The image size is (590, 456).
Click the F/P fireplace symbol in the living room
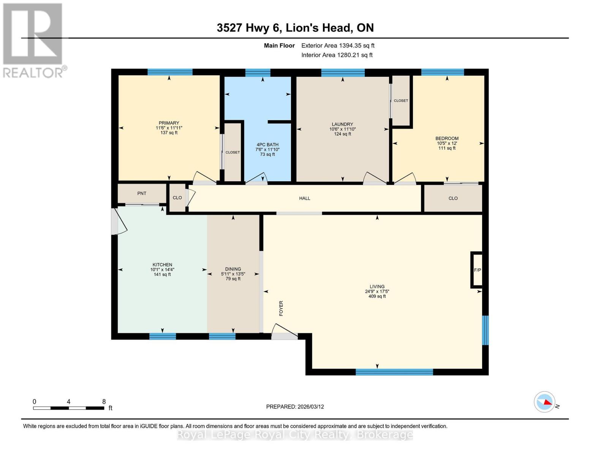(x=477, y=270)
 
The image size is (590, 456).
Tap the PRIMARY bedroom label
(x=169, y=123)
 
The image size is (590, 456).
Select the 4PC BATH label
(x=267, y=145)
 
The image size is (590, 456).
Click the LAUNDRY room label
(x=342, y=124)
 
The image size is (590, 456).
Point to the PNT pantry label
(x=142, y=193)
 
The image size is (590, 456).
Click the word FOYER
(x=281, y=308)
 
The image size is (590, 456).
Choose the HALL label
(x=304, y=198)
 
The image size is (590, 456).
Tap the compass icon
(x=544, y=402)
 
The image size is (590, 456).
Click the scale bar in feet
(x=68, y=408)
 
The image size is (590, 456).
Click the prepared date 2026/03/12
(x=295, y=407)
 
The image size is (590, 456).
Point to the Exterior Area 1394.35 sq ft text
(x=338, y=46)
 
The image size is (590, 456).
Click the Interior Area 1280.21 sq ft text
(x=337, y=55)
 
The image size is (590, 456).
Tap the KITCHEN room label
(x=162, y=265)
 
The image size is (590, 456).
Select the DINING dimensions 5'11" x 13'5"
(x=233, y=274)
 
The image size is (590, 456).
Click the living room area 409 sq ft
(x=377, y=296)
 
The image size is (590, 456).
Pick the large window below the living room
(x=394, y=372)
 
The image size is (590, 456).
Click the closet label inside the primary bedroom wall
(x=233, y=152)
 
